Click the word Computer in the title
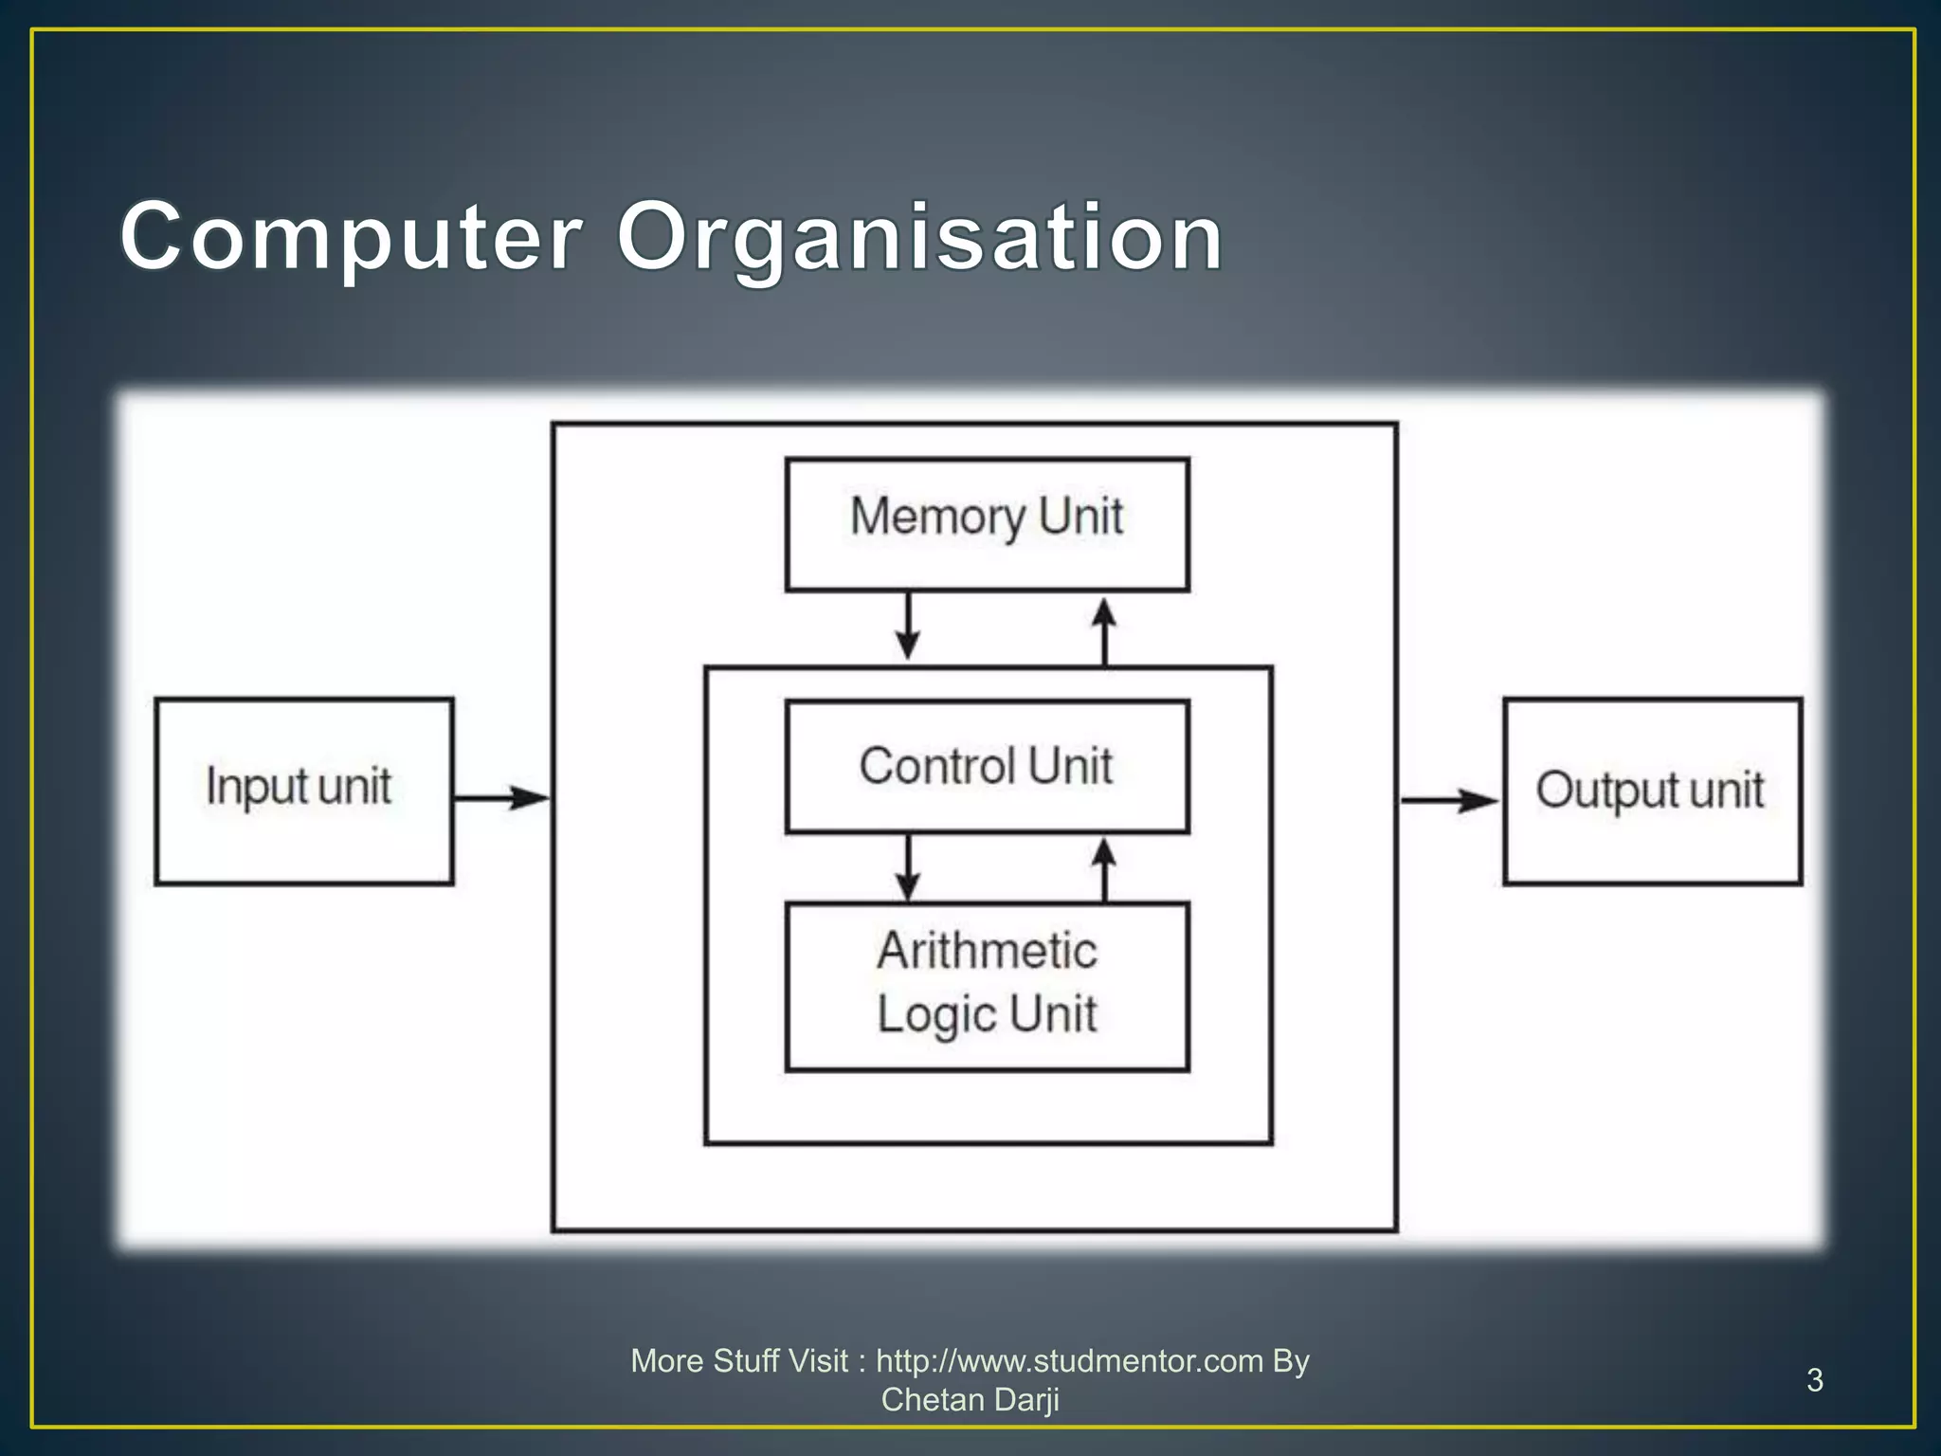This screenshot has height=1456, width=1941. pos(351,237)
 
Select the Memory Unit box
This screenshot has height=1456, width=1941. pos(987,524)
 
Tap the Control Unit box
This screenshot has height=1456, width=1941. pos(987,766)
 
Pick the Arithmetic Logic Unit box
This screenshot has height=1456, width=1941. pos(987,986)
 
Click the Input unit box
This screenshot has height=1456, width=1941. pos(303,791)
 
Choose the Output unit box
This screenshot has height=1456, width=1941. pos(1652,791)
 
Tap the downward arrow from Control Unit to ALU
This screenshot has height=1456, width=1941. pos(908,867)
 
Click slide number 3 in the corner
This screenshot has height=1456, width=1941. pos(1814,1380)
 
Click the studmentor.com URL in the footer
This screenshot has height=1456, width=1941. pos(1069,1361)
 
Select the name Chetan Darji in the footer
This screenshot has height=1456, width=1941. pos(970,1400)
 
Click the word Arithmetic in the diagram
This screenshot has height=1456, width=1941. pos(987,951)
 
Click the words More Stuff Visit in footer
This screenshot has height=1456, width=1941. pos(739,1361)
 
